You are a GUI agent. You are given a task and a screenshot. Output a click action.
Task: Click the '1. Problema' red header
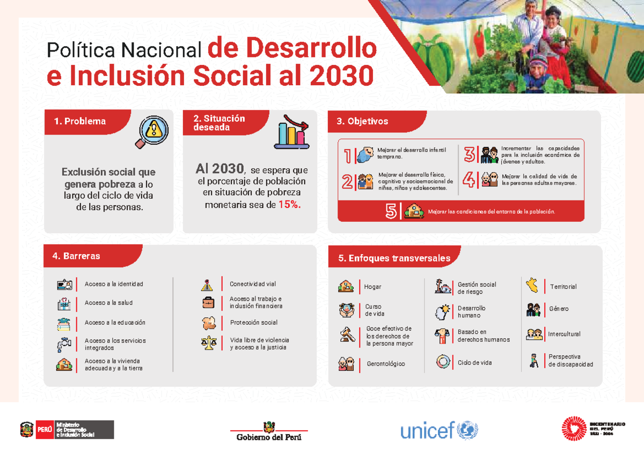point(80,121)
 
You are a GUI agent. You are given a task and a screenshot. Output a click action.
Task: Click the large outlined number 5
point(391,212)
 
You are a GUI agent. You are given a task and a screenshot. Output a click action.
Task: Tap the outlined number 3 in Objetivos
point(470,155)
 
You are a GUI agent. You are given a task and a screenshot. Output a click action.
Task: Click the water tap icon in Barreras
point(64,344)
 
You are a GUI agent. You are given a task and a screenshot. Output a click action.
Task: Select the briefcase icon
point(208,302)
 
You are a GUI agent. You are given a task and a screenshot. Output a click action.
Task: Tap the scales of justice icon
point(208,343)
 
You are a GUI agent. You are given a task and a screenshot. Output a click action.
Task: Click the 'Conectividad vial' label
point(253,284)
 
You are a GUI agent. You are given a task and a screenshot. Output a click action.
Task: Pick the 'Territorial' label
point(563,287)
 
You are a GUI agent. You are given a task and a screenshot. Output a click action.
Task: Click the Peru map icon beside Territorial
point(532,285)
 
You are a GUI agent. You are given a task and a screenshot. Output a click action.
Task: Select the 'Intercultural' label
point(564,334)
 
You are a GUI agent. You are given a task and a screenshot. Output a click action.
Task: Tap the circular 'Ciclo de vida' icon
point(443,362)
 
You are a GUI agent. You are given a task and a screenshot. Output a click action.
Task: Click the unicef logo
point(438,430)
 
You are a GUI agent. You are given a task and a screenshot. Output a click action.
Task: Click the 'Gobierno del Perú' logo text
point(269,437)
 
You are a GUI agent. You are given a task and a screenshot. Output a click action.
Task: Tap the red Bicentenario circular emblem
point(573,429)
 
